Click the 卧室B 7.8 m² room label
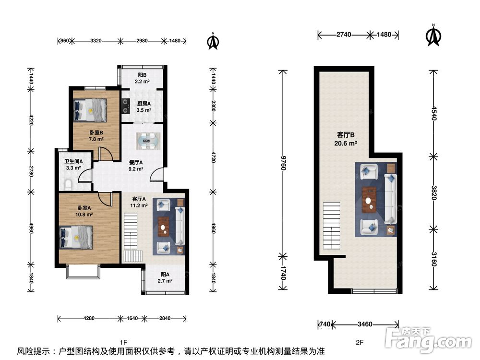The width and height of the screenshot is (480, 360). tap(96, 136)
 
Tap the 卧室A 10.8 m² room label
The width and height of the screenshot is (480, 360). tap(85, 211)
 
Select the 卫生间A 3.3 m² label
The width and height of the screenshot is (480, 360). tap(74, 165)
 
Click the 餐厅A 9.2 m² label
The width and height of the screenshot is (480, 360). tap(135, 166)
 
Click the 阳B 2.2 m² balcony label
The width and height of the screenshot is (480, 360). tap(143, 78)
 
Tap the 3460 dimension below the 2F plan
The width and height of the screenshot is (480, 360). tap(365, 324)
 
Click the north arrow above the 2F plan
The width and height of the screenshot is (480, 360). tap(433, 36)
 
